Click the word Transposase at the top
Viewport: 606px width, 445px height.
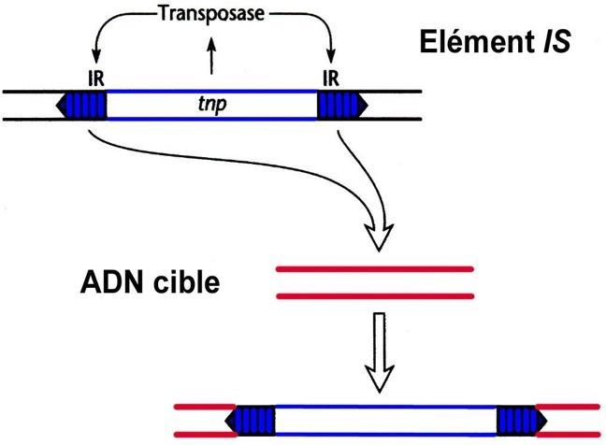pyautogui.click(x=212, y=14)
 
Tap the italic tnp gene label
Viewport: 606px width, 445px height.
pyautogui.click(x=212, y=105)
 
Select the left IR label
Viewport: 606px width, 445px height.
pyautogui.click(x=96, y=79)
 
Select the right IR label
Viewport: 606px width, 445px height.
pyautogui.click(x=331, y=79)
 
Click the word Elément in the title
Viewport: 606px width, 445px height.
pyautogui.click(x=478, y=42)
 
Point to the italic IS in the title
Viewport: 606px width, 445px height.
pyautogui.click(x=557, y=42)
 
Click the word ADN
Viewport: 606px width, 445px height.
pyautogui.click(x=113, y=282)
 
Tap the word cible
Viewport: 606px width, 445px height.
pyautogui.click(x=187, y=281)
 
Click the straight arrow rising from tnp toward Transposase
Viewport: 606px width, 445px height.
pyautogui.click(x=211, y=56)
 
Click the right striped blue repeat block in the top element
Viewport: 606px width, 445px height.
pyautogui.click(x=342, y=105)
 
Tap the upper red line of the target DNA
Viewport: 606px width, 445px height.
pyautogui.click(x=375, y=269)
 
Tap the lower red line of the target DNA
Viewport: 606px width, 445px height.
pyautogui.click(x=375, y=296)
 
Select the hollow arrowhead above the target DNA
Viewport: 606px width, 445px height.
pyautogui.click(x=379, y=237)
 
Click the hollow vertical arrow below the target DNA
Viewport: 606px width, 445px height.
pyautogui.click(x=380, y=352)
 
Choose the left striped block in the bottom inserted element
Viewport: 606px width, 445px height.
pyautogui.click(x=250, y=421)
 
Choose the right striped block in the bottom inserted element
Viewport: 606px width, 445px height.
pyautogui.click(x=522, y=421)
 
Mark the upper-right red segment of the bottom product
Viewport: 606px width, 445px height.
pyautogui.click(x=569, y=407)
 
